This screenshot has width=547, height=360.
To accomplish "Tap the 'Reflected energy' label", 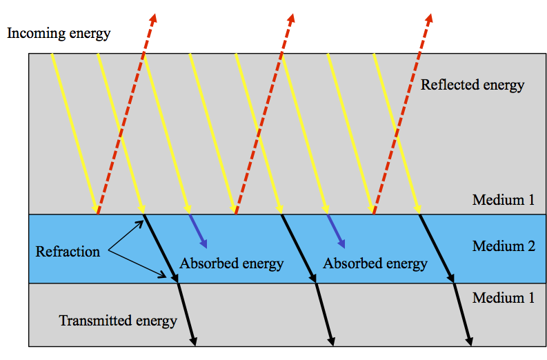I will pyautogui.click(x=473, y=86).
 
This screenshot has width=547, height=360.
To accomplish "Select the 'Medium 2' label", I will pyautogui.click(x=504, y=246).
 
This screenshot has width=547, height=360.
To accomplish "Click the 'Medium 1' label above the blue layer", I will pyautogui.click(x=504, y=201).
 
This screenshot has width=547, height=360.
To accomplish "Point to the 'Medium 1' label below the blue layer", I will pyautogui.click(x=504, y=298).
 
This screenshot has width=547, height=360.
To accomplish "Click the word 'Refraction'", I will pyautogui.click(x=68, y=252).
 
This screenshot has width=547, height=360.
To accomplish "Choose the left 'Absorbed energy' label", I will pyautogui.click(x=232, y=263).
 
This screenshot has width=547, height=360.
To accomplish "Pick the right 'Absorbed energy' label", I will pyautogui.click(x=375, y=263).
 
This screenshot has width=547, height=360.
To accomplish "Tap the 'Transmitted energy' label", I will pyautogui.click(x=118, y=321).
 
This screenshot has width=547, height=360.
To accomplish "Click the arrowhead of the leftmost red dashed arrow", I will pyautogui.click(x=153, y=17).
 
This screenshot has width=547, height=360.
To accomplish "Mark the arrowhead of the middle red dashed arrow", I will pyautogui.click(x=291, y=17).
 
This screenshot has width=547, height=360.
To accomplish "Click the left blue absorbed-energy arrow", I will pyautogui.click(x=198, y=232).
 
